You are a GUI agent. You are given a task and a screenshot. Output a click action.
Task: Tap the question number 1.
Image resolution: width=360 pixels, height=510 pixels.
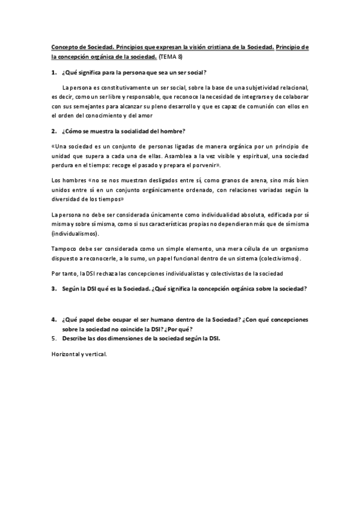53,73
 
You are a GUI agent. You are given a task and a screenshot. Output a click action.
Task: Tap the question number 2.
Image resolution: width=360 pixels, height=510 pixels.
53,131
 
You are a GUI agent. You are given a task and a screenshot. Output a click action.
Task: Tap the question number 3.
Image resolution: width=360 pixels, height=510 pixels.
53,289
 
